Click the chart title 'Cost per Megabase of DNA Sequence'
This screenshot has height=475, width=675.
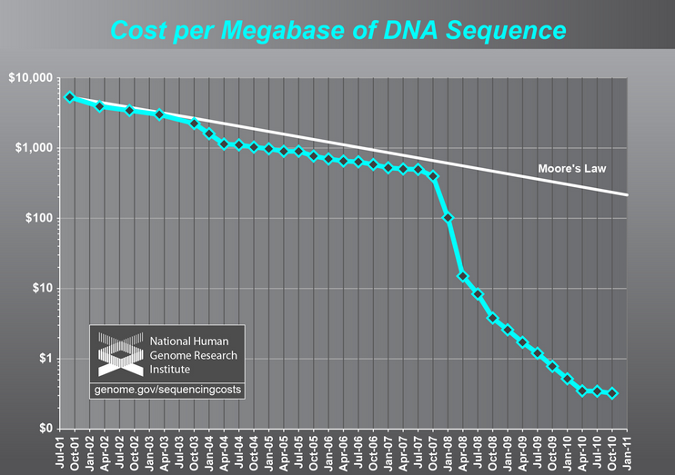point(337,30)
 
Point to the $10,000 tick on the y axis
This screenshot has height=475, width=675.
point(30,78)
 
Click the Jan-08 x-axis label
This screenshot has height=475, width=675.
point(448,451)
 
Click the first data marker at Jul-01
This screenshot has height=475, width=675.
point(70,97)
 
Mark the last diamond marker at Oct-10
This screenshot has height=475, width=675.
point(612,393)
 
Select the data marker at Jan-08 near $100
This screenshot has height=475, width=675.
point(448,218)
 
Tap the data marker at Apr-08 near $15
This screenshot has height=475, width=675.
point(463,276)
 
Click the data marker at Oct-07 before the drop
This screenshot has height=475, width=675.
point(433,175)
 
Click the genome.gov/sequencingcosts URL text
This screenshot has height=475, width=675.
point(167,390)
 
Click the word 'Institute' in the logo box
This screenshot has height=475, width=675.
point(172,370)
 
